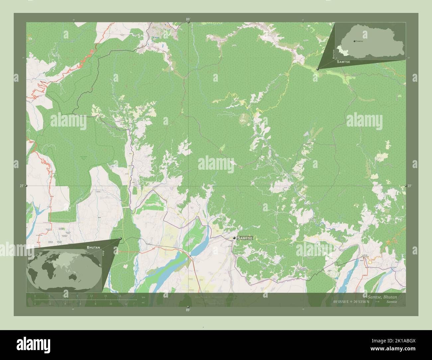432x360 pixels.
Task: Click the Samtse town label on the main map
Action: pos(245,238)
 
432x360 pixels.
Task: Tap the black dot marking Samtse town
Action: pos(234,238)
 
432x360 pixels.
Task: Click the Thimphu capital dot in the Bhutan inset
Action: pos(355,41)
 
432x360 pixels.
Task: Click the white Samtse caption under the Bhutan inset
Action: pos(343,62)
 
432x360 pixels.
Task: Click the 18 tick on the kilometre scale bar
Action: pos(119,296)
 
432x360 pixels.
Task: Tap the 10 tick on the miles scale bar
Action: pos(110,304)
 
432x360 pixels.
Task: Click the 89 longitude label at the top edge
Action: pos(188,20)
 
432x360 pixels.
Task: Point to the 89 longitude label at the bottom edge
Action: pos(188,310)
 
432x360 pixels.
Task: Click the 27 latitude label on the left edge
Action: pos(21,186)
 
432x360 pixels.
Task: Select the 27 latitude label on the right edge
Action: pos(410,186)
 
